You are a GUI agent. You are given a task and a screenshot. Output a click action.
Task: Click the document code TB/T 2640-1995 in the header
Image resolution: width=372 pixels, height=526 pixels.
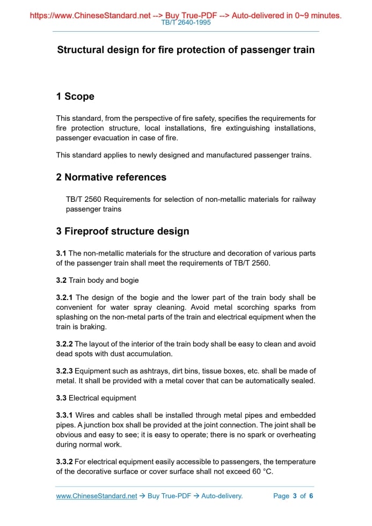click(186, 23)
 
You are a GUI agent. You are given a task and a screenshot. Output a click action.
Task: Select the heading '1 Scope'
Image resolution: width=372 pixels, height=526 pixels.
click(75, 97)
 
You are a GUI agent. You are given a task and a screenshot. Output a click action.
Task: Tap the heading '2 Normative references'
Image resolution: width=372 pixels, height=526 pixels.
click(111, 177)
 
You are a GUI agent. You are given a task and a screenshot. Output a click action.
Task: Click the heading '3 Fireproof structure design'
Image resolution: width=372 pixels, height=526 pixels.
click(122, 231)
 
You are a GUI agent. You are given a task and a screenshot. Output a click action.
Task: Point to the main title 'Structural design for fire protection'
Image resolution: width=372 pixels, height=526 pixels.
click(186, 50)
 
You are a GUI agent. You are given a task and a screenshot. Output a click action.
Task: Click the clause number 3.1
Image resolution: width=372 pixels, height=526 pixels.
click(61, 253)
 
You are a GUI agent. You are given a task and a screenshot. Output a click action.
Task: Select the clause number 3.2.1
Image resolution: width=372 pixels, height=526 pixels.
click(65, 297)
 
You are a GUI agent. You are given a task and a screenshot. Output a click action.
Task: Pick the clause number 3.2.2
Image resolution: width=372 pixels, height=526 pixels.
click(64, 344)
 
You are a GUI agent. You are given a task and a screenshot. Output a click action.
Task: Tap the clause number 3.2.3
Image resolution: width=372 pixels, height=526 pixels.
click(64, 371)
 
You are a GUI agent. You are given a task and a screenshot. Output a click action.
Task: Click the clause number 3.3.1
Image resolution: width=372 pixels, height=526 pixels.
click(64, 415)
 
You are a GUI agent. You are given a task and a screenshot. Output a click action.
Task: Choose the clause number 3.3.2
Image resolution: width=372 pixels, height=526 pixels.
click(64, 462)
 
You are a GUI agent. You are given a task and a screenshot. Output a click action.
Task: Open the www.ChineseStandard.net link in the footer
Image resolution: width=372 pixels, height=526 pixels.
click(97, 496)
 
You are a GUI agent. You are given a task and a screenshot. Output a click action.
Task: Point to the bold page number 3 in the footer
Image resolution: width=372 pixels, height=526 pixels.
click(294, 496)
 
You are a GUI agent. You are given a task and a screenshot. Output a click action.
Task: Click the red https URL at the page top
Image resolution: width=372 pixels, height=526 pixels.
click(90, 16)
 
